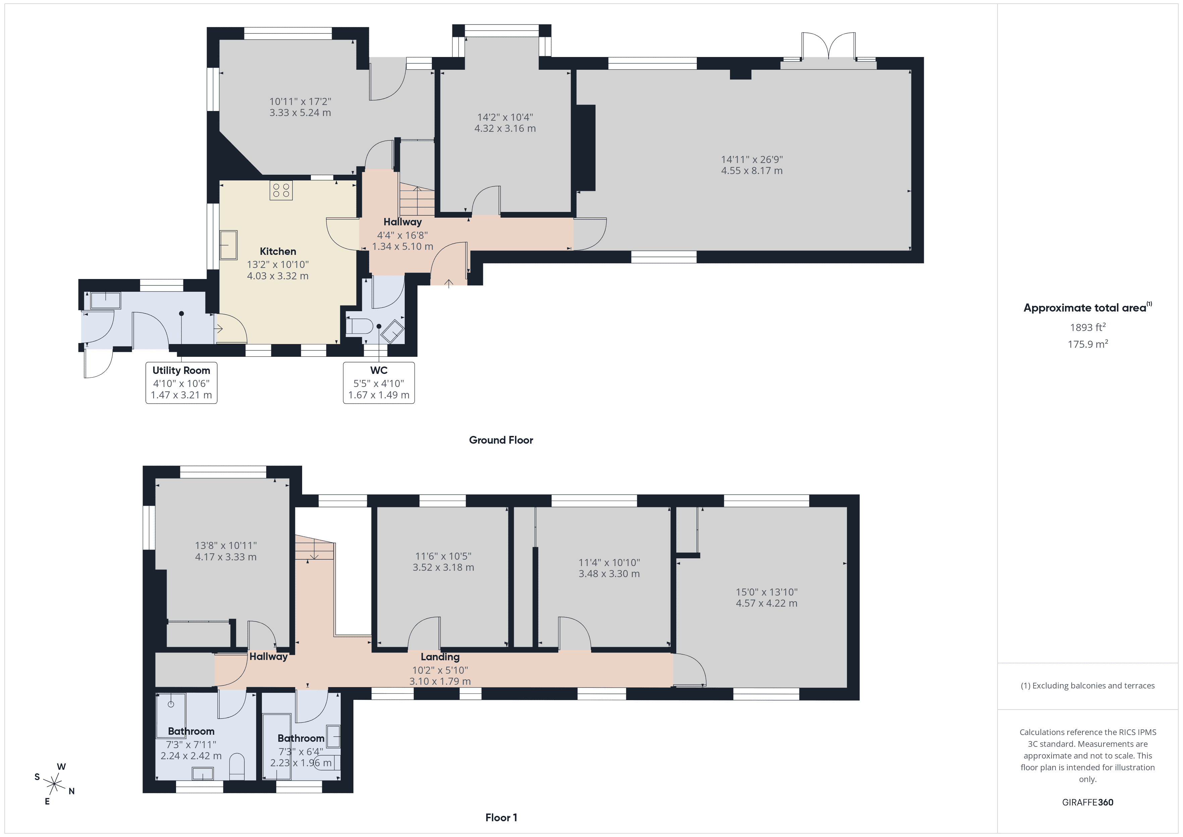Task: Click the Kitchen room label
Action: [x=278, y=252]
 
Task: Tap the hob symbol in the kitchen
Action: [x=281, y=190]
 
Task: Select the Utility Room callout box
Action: [x=181, y=382]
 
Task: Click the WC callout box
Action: [x=379, y=382]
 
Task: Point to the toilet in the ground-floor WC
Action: [x=360, y=326]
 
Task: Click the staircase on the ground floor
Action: [x=417, y=201]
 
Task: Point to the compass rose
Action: [x=54, y=784]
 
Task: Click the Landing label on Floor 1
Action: [x=440, y=657]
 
